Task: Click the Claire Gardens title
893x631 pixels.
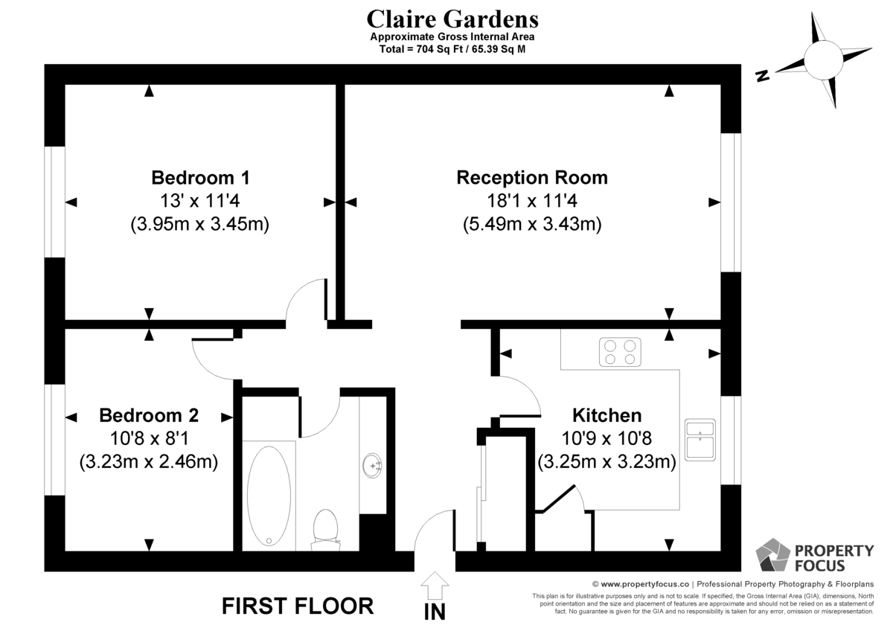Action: point(452,19)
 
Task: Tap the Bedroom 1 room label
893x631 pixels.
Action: point(200,178)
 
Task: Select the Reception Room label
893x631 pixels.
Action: point(532,178)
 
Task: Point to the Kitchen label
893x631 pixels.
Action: point(606,415)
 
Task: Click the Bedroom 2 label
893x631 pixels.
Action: point(149,415)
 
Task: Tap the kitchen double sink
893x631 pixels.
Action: point(700,440)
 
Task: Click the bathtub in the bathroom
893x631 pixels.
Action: point(269,496)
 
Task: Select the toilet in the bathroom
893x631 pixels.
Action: point(326,530)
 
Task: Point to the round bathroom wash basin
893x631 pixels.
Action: point(372,466)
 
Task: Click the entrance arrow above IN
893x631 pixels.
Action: point(435,586)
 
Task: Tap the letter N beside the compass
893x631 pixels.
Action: point(763,76)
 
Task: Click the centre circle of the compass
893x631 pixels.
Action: point(823,60)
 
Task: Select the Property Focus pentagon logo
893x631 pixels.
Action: point(772,555)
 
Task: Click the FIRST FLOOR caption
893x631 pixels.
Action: point(298,606)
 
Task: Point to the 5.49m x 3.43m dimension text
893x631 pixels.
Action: point(532,224)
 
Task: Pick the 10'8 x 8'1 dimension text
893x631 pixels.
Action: point(149,439)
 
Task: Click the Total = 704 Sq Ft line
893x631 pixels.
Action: point(452,49)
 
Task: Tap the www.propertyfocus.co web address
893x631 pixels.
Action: point(644,584)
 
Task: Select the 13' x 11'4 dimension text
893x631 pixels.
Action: point(200,201)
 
